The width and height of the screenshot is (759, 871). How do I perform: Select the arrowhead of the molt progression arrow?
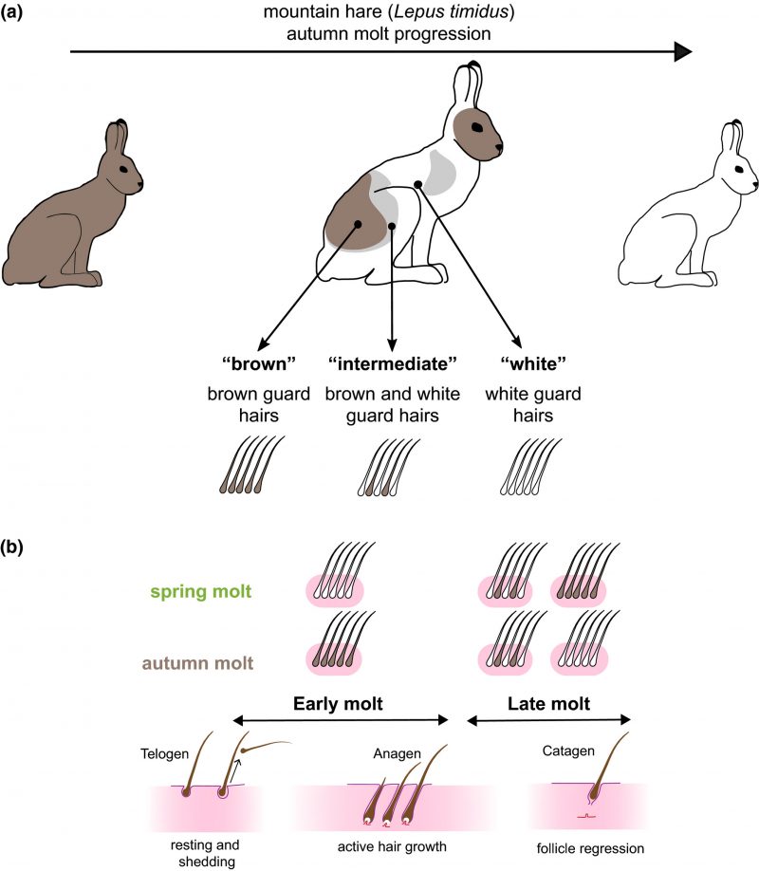[681, 52]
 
